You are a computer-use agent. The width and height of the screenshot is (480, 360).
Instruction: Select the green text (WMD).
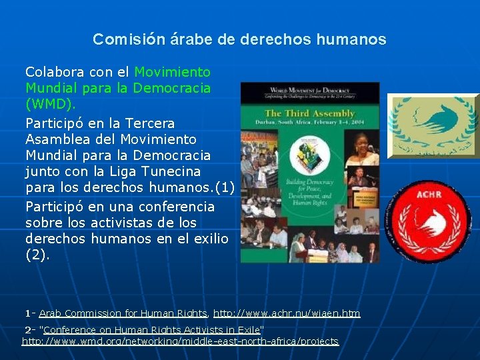coord(51,105)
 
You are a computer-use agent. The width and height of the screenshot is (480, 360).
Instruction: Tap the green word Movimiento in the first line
coord(173,72)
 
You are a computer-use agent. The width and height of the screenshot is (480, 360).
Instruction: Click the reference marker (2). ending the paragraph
coord(37,255)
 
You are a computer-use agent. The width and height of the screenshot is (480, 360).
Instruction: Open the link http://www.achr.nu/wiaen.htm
coord(287,313)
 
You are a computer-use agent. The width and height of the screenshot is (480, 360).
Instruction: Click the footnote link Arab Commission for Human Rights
coord(123,313)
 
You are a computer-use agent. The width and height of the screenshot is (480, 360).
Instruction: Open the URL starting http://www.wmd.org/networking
coord(180,341)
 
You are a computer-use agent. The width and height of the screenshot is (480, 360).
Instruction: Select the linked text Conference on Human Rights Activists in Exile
coord(153,329)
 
